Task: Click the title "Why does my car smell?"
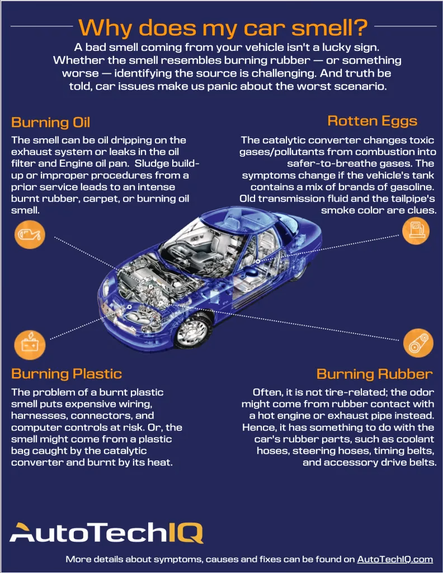click(223, 26)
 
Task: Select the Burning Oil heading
click(50, 123)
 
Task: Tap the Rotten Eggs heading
click(372, 121)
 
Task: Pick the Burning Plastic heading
click(66, 373)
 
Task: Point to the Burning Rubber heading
click(374, 374)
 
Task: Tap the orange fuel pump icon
click(417, 231)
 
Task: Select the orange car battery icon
click(30, 343)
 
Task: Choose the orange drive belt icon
click(418, 342)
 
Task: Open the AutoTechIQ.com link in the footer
click(395, 559)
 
